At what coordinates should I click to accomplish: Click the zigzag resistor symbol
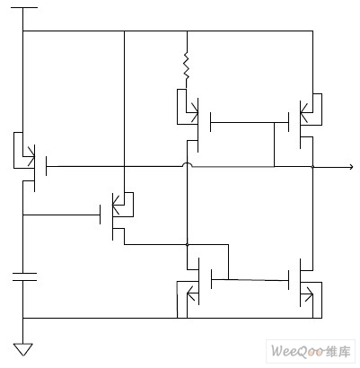tap(187, 66)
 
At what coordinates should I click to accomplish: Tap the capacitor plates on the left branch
tap(24, 276)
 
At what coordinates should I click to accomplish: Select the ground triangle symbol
tap(23, 349)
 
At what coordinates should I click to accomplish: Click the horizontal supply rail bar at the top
tap(24, 7)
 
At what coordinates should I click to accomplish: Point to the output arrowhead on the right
tap(351, 167)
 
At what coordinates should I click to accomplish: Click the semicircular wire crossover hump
tap(188, 163)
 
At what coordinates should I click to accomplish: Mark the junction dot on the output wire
tap(312, 167)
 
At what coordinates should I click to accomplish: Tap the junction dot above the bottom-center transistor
tap(188, 245)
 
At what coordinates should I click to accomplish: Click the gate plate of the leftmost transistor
tap(47, 166)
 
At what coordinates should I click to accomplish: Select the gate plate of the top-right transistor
tap(288, 122)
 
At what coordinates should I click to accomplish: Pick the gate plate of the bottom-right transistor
tap(288, 280)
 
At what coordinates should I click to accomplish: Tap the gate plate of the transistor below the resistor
tap(211, 122)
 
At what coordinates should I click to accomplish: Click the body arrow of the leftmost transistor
tap(30, 155)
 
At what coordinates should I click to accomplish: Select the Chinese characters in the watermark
tap(338, 351)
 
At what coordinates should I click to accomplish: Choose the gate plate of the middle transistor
tap(100, 215)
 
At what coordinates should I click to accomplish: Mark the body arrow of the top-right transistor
tap(306, 112)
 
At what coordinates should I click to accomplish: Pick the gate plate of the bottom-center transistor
tap(211, 279)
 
